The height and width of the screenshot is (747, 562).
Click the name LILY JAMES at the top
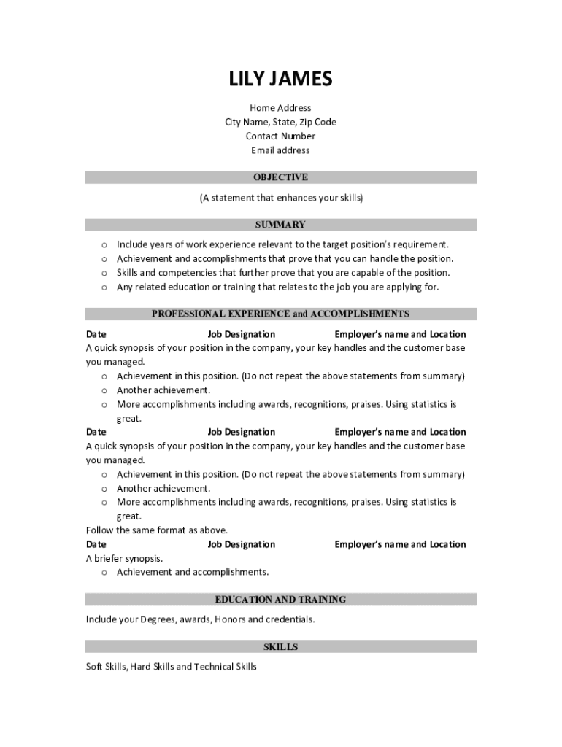tap(280, 79)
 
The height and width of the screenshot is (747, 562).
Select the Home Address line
tap(280, 108)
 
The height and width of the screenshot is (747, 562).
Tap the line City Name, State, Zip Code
tap(280, 122)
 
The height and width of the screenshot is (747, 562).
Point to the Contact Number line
tap(280, 136)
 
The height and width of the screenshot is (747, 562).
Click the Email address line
tap(280, 150)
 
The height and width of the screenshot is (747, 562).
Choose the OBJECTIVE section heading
tap(280, 177)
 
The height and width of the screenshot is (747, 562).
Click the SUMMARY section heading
tap(280, 225)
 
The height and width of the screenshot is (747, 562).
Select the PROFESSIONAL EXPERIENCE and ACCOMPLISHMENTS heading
tap(280, 314)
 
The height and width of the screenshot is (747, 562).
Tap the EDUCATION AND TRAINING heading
tap(280, 600)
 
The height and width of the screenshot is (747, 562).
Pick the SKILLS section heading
tap(280, 647)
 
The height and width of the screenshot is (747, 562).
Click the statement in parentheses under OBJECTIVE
tap(281, 198)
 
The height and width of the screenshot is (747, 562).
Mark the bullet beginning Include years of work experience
tap(282, 244)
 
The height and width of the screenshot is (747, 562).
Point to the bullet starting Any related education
tap(277, 287)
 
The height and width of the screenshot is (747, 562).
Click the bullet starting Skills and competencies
tap(283, 273)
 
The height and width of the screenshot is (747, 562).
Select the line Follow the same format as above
tap(157, 530)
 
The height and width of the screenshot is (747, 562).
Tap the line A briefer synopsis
tap(125, 558)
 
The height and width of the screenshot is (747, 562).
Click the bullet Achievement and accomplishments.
tap(193, 572)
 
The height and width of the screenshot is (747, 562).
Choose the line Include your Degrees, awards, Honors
tap(201, 619)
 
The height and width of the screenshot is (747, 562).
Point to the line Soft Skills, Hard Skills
tap(172, 667)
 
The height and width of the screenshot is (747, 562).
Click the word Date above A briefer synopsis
tap(96, 544)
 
